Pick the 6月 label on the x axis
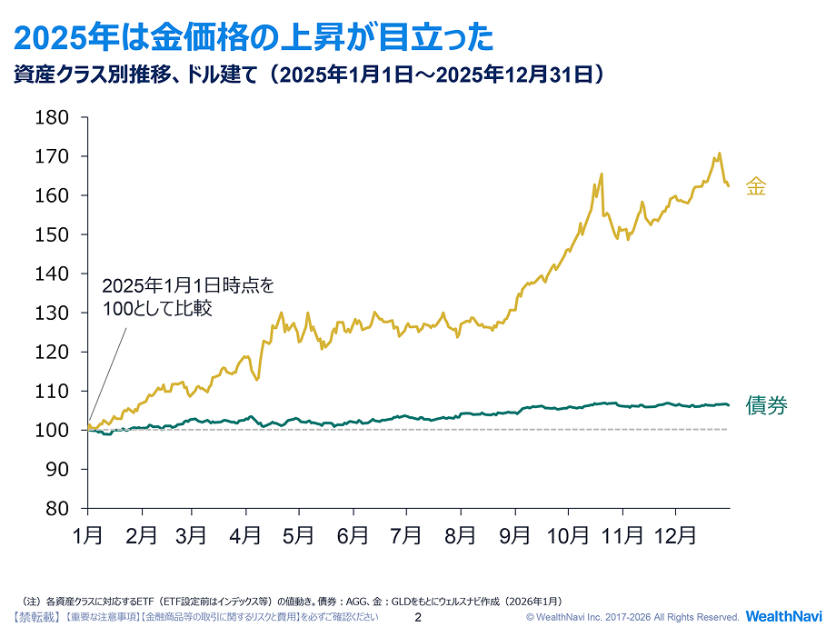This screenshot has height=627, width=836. (x=352, y=536)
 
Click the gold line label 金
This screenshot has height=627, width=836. (x=756, y=187)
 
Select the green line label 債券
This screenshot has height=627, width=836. (x=766, y=405)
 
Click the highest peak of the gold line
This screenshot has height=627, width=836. (x=719, y=154)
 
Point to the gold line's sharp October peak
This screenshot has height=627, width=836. (x=602, y=174)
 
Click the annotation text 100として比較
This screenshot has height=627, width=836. (x=157, y=309)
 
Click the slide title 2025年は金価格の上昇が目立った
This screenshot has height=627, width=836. (x=254, y=37)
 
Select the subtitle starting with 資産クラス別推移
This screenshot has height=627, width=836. (x=309, y=75)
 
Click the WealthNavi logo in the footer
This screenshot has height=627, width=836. (x=783, y=616)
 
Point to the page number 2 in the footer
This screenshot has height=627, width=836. (x=418, y=617)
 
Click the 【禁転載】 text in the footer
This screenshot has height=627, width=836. (x=37, y=617)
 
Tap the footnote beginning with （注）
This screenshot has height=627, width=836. (x=291, y=601)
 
